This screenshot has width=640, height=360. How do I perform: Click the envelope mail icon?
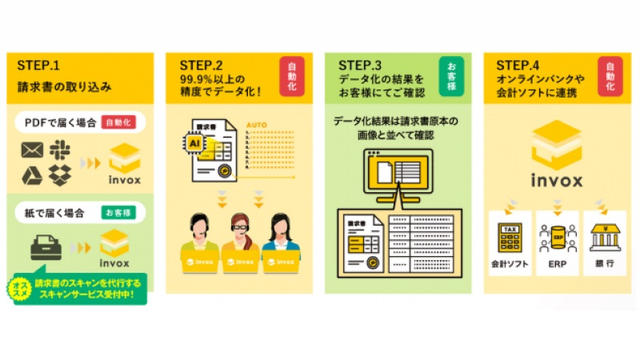[x=32, y=150]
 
